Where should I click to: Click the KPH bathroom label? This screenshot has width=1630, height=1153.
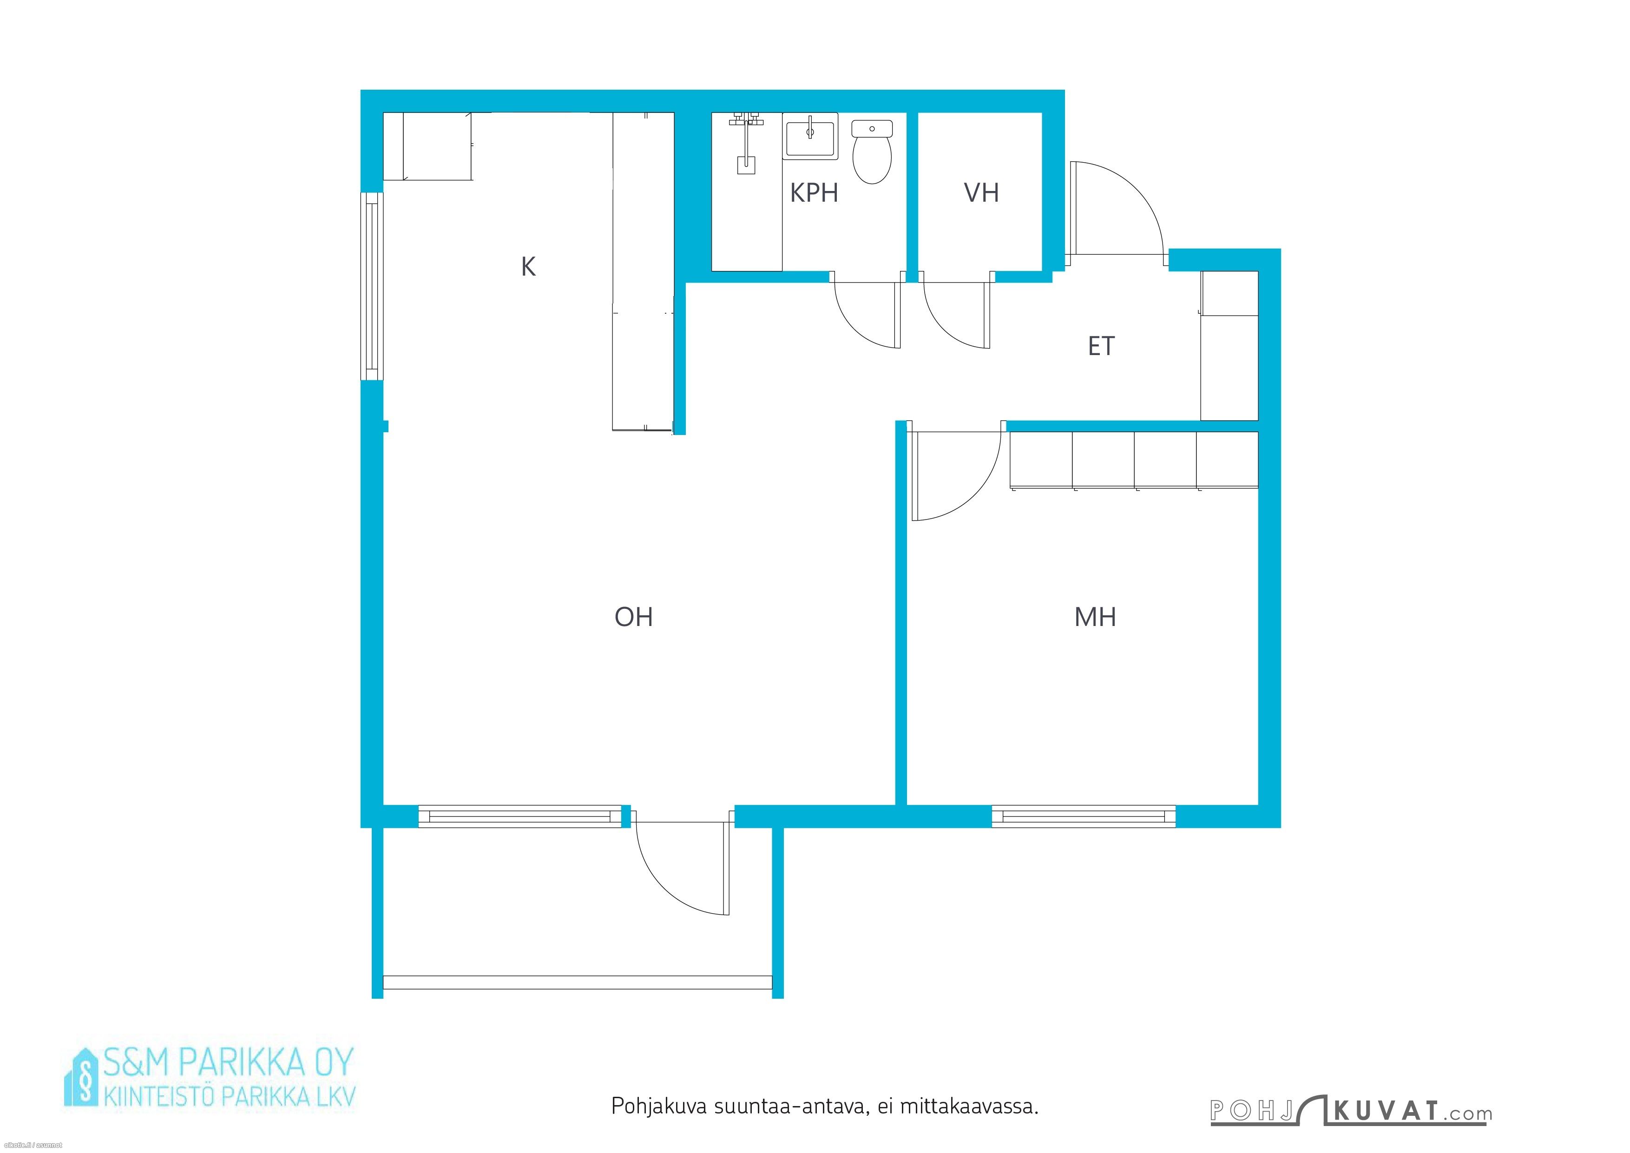point(814,193)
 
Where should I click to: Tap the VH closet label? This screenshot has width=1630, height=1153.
point(982,193)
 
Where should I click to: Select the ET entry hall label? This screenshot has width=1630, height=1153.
point(1101,347)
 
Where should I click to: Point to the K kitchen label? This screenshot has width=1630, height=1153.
point(528,267)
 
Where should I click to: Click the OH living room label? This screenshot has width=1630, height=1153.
point(633,617)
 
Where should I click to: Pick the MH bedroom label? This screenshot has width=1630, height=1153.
point(1096,618)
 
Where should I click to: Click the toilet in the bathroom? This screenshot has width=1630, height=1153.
point(872,152)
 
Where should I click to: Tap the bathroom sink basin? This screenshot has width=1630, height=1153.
point(810,136)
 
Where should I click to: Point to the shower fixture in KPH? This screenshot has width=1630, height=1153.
point(745,143)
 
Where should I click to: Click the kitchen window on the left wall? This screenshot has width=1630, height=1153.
point(372,287)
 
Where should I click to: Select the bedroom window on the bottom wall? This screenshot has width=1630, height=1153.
point(1084,817)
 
